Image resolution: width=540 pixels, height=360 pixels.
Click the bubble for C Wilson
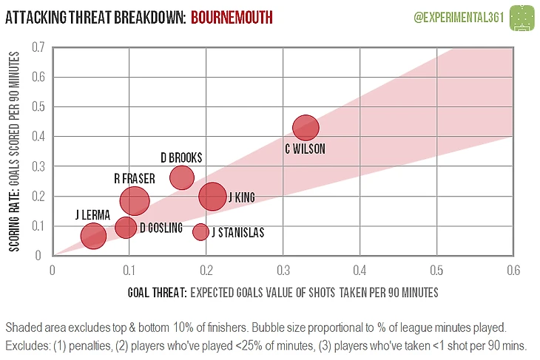[x=306, y=127]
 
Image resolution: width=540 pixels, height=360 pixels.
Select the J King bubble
[x=213, y=196]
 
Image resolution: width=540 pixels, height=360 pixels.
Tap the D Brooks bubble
[x=181, y=177]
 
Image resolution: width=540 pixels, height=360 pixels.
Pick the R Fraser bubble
[x=135, y=200]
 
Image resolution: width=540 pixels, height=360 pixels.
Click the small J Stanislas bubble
[x=200, y=232]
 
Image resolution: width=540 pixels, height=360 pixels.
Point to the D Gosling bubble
[x=126, y=227]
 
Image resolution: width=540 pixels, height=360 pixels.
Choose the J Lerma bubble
[x=93, y=237]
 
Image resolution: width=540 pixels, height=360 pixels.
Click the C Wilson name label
[x=305, y=149]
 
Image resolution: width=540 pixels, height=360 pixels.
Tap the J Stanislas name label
[x=237, y=233]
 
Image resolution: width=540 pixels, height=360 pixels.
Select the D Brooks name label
[x=181, y=157]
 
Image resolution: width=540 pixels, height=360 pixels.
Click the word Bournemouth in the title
[x=232, y=16]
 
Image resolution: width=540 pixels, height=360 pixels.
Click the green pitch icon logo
[x=522, y=16]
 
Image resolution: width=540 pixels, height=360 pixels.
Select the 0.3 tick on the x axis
[x=282, y=271]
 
